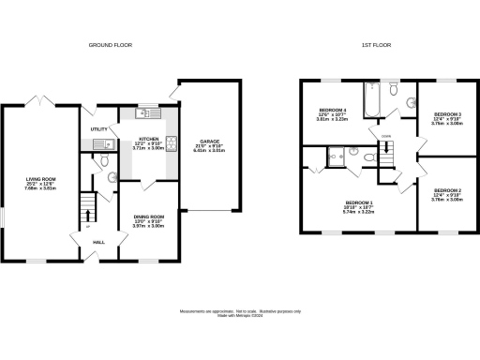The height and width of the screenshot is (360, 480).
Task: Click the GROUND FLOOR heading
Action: point(108,45)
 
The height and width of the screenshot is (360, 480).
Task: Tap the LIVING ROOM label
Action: point(40,177)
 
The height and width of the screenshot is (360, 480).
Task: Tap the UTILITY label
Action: point(97,128)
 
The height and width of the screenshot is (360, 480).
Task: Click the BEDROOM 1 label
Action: point(360,203)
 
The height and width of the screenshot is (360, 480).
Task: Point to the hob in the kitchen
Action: point(171,146)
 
